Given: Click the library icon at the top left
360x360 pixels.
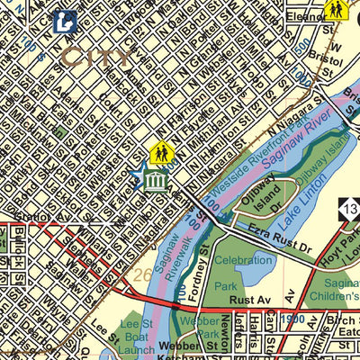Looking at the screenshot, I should (x=63, y=22).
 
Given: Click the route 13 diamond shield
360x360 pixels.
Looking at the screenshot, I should (x=349, y=208).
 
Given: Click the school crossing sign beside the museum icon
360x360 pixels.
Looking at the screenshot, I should (x=160, y=153).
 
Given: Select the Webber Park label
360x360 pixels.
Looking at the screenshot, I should (x=194, y=328).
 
